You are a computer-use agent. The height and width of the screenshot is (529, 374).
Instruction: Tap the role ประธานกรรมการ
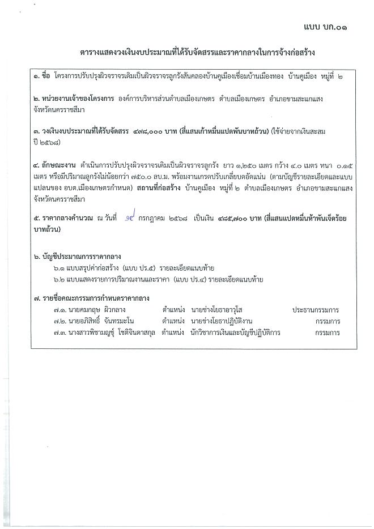(315, 310)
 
